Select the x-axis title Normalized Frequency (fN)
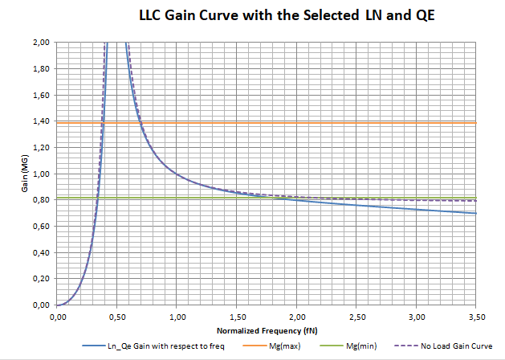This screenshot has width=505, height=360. tap(266, 330)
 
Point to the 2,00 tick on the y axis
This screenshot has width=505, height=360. tap(41, 43)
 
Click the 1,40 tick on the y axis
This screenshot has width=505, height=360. tap(41, 121)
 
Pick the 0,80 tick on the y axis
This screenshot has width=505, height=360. tap(41, 200)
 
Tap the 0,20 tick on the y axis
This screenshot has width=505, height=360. tap(41, 279)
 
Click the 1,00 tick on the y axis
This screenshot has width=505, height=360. tap(41, 174)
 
